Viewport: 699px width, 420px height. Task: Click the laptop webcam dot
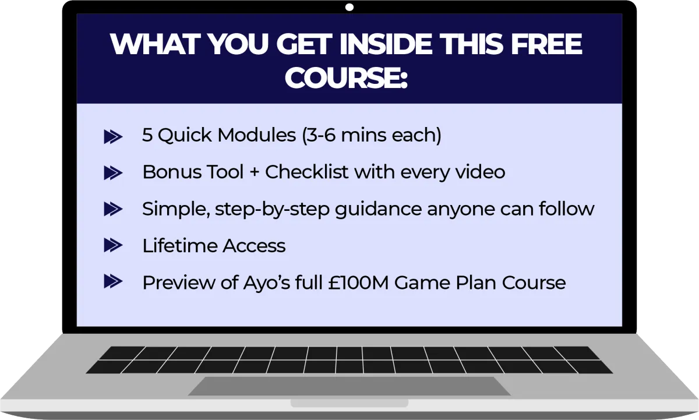click(x=349, y=7)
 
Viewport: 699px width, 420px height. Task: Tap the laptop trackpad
click(x=349, y=386)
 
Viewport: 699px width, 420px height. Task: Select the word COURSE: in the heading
click(x=347, y=77)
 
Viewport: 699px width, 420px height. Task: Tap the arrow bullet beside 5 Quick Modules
click(x=113, y=137)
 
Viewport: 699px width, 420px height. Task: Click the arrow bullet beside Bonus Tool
click(x=113, y=173)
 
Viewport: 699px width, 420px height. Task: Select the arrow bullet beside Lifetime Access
click(x=113, y=245)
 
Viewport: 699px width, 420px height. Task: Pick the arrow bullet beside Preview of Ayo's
click(x=113, y=281)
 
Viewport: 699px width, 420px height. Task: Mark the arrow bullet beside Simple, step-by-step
click(x=113, y=209)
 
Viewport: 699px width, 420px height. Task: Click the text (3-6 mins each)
click(x=372, y=135)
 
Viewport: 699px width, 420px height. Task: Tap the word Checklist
click(x=306, y=172)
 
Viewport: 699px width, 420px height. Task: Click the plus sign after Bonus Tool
click(x=255, y=172)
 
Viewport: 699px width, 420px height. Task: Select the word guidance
click(x=378, y=209)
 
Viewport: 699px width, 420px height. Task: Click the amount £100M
click(x=358, y=283)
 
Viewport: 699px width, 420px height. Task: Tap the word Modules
click(x=256, y=135)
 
